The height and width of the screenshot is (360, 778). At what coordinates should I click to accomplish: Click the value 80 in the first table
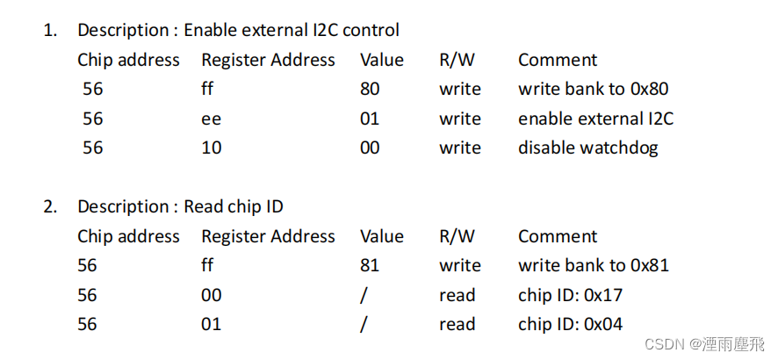(x=370, y=89)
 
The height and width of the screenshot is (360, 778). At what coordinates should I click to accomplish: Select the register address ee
(x=211, y=119)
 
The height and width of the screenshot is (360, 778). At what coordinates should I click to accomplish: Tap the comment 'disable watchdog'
(x=587, y=148)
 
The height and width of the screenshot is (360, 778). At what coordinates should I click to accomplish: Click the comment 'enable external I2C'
(x=595, y=119)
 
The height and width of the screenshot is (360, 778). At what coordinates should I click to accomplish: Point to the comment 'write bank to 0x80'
(x=594, y=89)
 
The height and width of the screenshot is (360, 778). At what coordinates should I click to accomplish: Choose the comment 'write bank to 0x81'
(x=594, y=265)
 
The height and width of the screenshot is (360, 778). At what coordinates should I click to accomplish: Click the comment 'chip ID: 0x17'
(x=570, y=295)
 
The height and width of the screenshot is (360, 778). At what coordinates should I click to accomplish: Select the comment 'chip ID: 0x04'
(x=570, y=324)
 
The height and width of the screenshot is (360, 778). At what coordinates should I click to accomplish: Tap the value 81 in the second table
(x=370, y=265)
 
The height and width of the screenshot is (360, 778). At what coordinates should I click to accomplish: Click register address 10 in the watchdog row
(x=211, y=148)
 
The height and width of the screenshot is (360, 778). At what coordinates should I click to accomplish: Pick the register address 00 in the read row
(x=211, y=295)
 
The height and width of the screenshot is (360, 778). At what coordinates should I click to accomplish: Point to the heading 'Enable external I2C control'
(x=291, y=30)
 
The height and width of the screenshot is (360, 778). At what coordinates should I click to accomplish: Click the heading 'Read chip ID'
(x=233, y=206)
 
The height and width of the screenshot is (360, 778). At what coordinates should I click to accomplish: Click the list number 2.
(x=50, y=206)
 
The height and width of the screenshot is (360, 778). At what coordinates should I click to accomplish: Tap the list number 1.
(x=50, y=30)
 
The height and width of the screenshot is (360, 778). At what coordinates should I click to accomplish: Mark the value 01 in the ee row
(x=370, y=119)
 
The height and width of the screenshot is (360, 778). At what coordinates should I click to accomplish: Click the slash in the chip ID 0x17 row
(x=364, y=295)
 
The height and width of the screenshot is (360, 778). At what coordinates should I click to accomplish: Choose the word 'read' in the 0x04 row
(x=457, y=324)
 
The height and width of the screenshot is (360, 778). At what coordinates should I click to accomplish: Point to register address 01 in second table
(x=211, y=324)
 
